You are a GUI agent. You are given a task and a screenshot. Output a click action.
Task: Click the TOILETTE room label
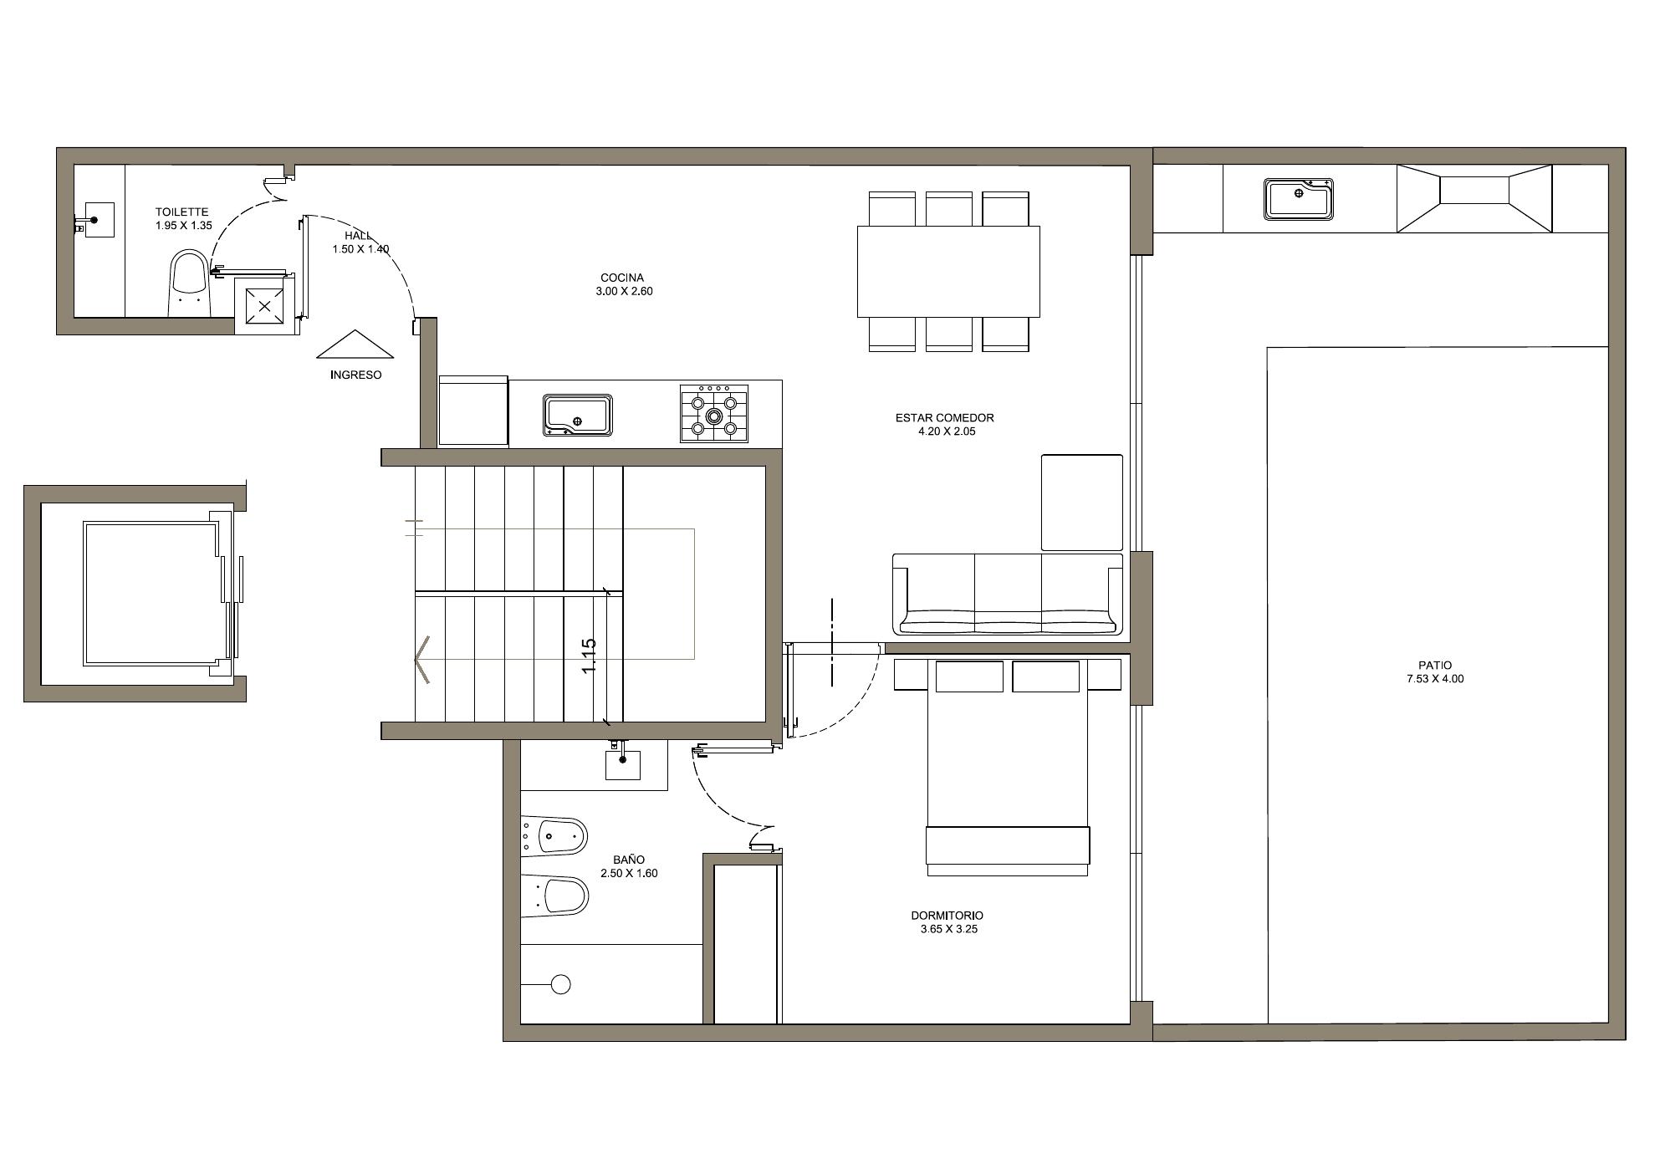tap(181, 212)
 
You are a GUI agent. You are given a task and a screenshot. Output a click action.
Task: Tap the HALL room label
tap(358, 236)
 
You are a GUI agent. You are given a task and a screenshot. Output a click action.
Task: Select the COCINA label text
tap(622, 278)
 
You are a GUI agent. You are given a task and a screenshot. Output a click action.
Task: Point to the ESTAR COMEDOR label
tap(945, 418)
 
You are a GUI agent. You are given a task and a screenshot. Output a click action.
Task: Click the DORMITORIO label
tap(947, 916)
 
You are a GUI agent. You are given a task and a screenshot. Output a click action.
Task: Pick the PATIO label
tap(1435, 666)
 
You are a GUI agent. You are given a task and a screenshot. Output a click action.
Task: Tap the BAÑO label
tap(629, 860)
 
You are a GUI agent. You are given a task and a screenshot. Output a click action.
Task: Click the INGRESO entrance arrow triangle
tap(355, 345)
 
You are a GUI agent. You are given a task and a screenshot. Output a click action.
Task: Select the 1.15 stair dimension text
tap(590, 657)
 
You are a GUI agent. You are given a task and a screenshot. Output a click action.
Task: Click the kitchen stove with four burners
tap(714, 413)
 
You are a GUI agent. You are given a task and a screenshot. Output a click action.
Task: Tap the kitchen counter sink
tap(577, 416)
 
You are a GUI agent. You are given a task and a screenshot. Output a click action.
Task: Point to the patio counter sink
tap(1299, 199)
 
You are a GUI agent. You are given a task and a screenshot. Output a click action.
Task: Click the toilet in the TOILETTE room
tap(189, 283)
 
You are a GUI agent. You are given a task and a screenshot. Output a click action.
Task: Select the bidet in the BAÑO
tap(554, 835)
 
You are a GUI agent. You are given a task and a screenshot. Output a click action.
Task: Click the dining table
tap(948, 272)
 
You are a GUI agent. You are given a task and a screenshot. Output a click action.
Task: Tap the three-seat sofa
tap(1008, 595)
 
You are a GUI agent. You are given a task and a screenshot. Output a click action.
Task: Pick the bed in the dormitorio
tap(1008, 768)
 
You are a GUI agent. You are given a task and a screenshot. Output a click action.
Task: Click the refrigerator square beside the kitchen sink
tap(473, 411)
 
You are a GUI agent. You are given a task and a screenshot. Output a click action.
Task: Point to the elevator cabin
tap(151, 594)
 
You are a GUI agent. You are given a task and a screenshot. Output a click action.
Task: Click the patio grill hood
tap(1474, 198)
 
